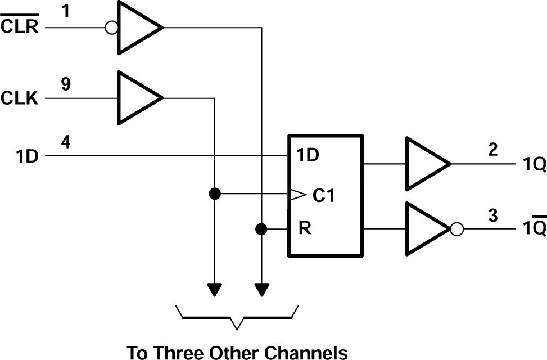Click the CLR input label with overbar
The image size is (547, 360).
(x=20, y=26)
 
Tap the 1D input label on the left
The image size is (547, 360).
(x=27, y=156)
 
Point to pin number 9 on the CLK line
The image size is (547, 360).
(x=66, y=84)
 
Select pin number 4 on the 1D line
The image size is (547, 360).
(x=66, y=142)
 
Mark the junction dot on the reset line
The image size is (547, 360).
(x=261, y=229)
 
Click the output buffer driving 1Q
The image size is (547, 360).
(x=424, y=164)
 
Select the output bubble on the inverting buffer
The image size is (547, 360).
(x=457, y=229)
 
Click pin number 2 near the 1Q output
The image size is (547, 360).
(x=493, y=151)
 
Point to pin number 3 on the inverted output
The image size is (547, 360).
(x=493, y=215)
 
